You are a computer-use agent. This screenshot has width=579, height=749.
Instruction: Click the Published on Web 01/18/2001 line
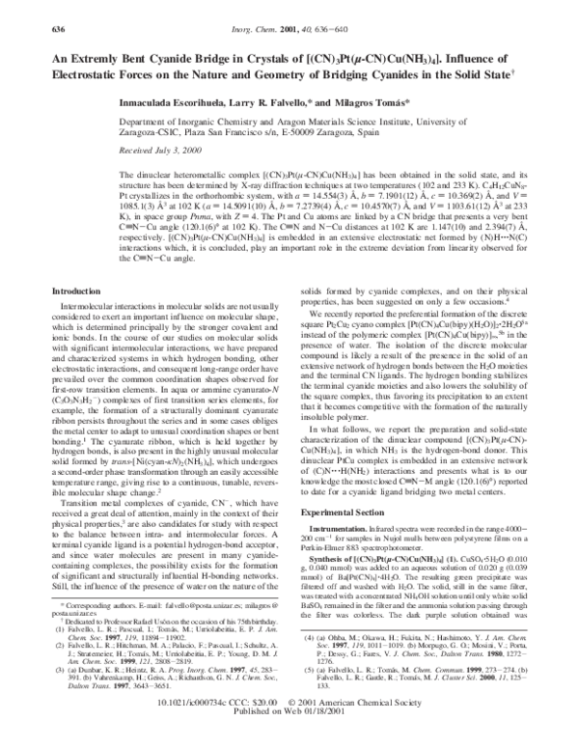pos(289,739)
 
